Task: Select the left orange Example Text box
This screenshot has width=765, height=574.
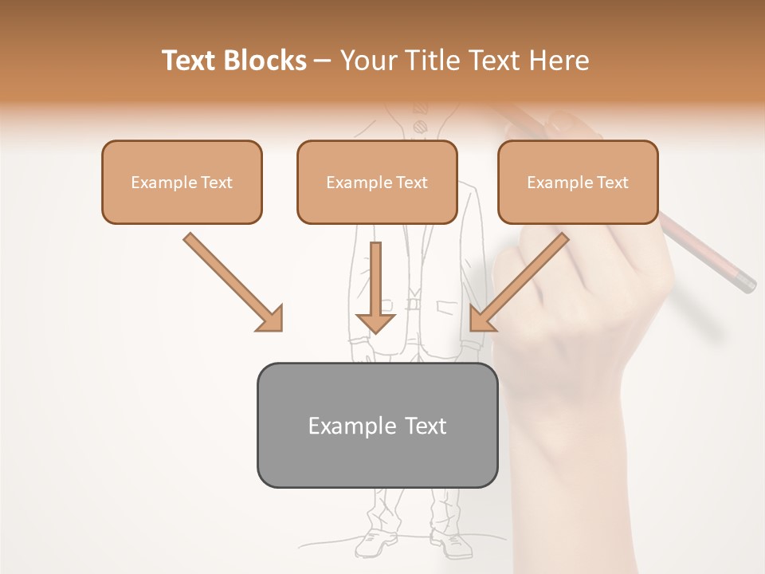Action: coord(182,182)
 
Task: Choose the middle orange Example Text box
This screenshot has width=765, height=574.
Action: coord(377,182)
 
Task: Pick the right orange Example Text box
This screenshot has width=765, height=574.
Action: coord(578,182)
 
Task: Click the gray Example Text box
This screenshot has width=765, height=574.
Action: coord(377,425)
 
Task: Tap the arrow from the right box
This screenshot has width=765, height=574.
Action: coord(518,282)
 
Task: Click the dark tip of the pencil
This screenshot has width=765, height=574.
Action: coord(746,283)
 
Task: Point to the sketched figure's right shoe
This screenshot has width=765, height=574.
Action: coord(452,545)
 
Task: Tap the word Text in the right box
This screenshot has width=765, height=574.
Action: coord(612,183)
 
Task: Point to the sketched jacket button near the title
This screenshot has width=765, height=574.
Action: coord(419,125)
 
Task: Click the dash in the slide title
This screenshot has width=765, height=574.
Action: coord(323,61)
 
